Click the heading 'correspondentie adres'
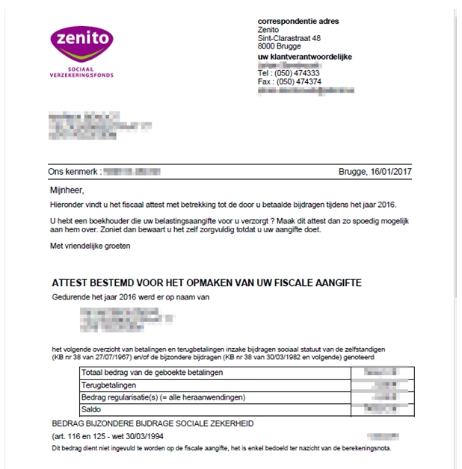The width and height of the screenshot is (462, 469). pos(298,21)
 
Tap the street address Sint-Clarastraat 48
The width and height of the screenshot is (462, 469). pos(289,38)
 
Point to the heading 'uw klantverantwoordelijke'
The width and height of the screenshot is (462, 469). pos(304,57)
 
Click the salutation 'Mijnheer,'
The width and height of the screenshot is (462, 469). pos(67,190)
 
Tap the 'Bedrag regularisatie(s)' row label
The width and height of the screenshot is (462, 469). pos(164,397)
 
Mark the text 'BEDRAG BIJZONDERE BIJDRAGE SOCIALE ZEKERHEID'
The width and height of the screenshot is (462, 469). pos(153,423)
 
